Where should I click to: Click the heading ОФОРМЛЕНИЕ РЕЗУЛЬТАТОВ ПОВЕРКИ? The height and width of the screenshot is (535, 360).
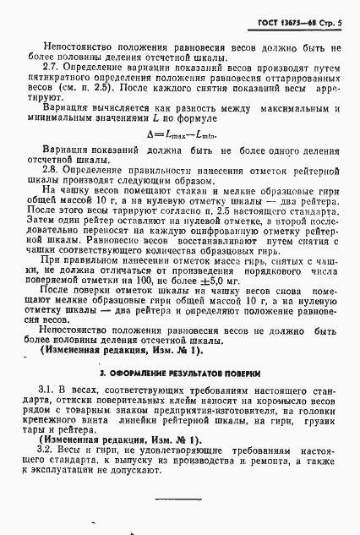pyautogui.click(x=183, y=396)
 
